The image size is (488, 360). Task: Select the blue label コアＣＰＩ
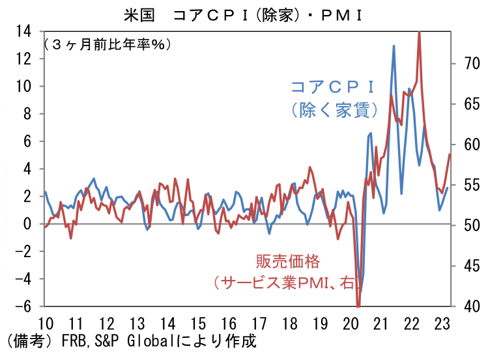pos(332,87)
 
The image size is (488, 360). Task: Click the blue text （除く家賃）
pos(332,109)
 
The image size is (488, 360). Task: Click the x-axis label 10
pos(46,324)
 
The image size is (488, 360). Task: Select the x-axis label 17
pos(259,324)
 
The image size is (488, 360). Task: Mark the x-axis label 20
pos(351,324)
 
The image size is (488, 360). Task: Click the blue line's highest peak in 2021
pos(394,46)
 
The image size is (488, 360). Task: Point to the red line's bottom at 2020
pos(358,305)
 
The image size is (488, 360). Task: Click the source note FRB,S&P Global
pos(106,340)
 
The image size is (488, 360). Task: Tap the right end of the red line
pos(450,154)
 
